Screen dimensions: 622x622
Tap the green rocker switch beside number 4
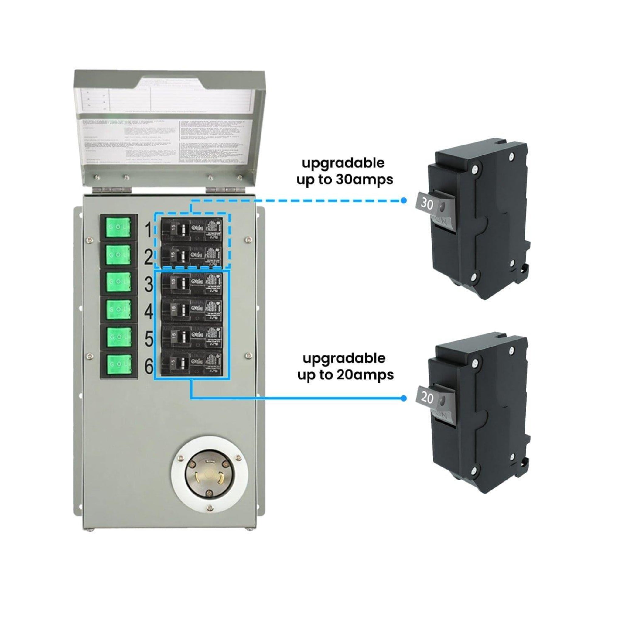coord(118,309)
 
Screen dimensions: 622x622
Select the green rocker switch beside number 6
coord(118,364)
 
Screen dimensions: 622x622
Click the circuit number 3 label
coord(149,284)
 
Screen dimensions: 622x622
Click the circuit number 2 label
coord(149,257)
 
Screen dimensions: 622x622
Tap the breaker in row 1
coord(192,229)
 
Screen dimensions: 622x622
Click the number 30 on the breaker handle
coord(427,203)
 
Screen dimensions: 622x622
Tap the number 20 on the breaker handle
coord(427,398)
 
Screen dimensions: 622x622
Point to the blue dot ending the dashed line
coord(403,200)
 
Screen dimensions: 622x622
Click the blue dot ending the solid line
coord(403,398)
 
